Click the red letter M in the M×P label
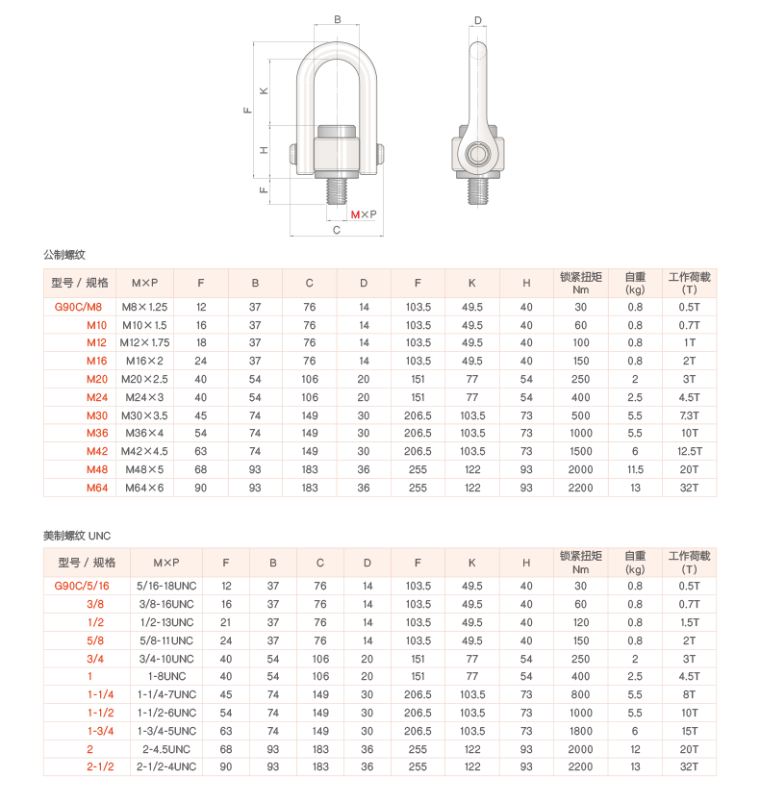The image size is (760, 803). tap(355, 214)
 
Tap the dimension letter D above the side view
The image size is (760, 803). tap(478, 20)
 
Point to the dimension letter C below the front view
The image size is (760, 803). tap(337, 230)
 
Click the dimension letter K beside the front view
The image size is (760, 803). tap(264, 91)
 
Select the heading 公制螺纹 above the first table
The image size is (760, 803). tap(64, 255)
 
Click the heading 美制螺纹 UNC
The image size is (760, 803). tap(77, 536)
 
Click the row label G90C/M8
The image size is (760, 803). tap(79, 307)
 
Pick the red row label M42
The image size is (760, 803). tap(97, 451)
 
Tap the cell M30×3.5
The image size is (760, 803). tap(144, 415)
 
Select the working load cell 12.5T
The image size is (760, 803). tap(689, 451)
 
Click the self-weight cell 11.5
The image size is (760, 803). tap(635, 469)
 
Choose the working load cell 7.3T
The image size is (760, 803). tap(689, 415)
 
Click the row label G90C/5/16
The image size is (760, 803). tap(82, 586)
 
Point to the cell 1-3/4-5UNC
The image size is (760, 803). tap(166, 731)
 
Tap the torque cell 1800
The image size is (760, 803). tap(581, 731)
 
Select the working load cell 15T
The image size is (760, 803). tap(689, 731)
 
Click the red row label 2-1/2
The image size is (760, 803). tap(100, 766)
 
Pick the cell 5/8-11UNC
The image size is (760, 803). tap(166, 640)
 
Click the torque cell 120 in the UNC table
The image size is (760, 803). tap(581, 622)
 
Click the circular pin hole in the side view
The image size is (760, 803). tap(477, 154)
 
